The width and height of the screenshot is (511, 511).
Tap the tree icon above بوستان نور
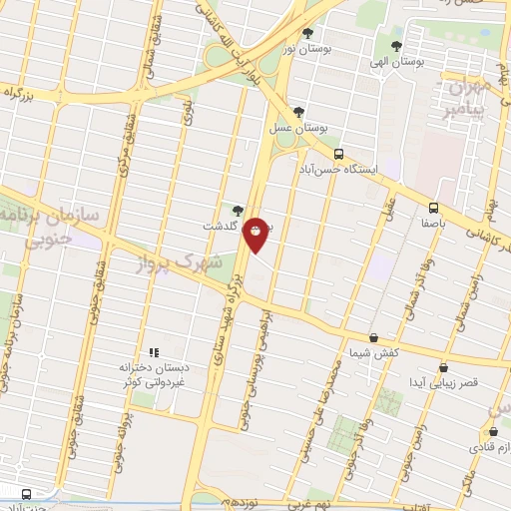point(307,32)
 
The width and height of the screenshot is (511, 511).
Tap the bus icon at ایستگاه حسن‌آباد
point(339,155)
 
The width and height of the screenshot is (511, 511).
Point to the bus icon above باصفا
point(433,208)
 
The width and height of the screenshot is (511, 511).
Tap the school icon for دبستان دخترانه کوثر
point(154,352)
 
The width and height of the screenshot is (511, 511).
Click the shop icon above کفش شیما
point(373,338)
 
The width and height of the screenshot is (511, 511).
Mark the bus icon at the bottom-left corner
point(27,493)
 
